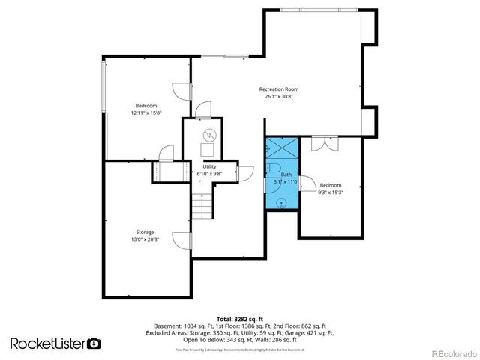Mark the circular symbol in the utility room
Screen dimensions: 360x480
tap(210, 135)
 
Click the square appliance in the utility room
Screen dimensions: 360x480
tap(206, 148)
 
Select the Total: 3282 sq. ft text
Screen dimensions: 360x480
tap(239, 319)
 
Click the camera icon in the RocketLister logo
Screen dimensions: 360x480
tap(94, 343)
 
